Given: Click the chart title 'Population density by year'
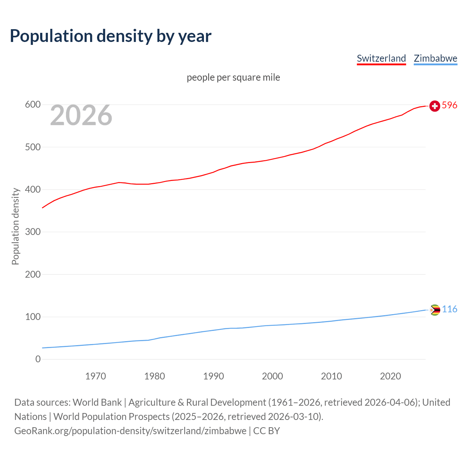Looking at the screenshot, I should [x=111, y=36].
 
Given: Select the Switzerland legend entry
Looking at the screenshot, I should [x=381, y=58].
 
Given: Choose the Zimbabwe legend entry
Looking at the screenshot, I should [x=435, y=58].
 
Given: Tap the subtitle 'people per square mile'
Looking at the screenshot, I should [x=233, y=77].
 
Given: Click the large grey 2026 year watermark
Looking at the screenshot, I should [x=81, y=115].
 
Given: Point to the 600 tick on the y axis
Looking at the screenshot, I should [x=32, y=105].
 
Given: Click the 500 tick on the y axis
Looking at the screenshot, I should [x=32, y=147].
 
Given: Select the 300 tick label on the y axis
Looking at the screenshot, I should [x=32, y=232].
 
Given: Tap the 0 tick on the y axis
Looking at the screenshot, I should [x=38, y=359].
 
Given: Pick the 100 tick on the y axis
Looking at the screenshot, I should [x=32, y=317].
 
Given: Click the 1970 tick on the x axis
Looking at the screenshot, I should [x=96, y=376].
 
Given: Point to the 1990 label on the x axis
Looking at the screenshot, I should [x=213, y=376].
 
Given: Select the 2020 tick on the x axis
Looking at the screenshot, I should [x=390, y=376].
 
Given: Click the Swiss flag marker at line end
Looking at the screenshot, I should [x=435, y=106].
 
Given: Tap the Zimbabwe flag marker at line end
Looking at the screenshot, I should [x=435, y=310].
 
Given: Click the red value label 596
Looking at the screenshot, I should [x=449, y=105].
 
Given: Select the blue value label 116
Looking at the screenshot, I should [x=449, y=309].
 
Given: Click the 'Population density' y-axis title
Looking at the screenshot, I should [x=15, y=226].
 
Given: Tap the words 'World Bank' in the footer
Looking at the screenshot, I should [x=97, y=402].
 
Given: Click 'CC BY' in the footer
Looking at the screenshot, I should [x=266, y=431].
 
